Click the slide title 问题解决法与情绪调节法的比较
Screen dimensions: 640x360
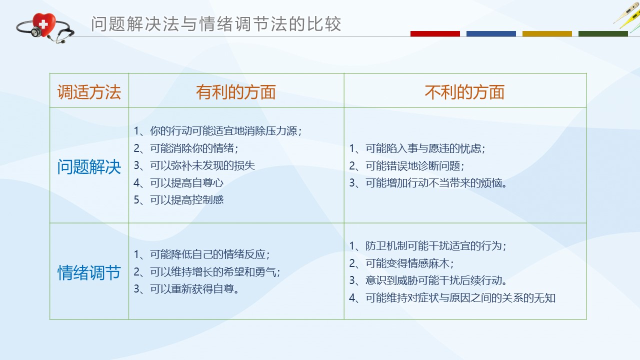[216, 23]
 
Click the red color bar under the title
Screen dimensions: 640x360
[435, 33]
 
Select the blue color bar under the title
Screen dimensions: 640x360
[491, 33]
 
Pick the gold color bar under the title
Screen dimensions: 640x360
[547, 33]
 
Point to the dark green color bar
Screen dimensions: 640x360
[603, 33]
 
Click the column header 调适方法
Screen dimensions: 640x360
[89, 92]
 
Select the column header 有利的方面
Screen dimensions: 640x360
[236, 92]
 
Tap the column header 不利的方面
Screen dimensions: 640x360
[464, 92]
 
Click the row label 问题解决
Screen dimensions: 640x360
[89, 167]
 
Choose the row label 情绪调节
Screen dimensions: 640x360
[89, 272]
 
